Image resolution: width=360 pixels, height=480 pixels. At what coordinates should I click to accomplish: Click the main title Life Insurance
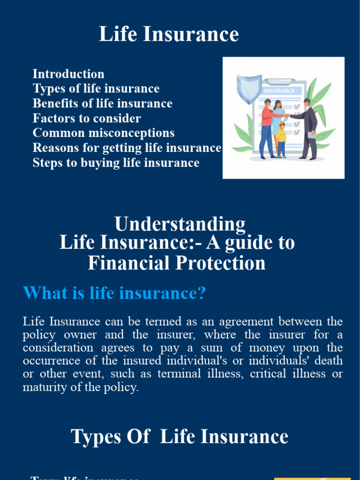click(x=169, y=35)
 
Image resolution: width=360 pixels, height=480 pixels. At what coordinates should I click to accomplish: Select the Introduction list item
click(x=68, y=74)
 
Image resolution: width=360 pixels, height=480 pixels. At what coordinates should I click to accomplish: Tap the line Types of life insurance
click(x=96, y=89)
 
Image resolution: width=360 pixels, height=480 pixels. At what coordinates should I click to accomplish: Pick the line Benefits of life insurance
click(x=102, y=104)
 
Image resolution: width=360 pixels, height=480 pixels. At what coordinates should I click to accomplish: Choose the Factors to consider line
click(x=87, y=119)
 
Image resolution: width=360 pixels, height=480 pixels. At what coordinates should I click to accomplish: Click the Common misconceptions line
click(x=104, y=133)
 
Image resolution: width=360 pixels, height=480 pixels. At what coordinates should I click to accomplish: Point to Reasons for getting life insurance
click(x=127, y=148)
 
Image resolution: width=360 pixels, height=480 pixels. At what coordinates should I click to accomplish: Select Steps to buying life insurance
click(x=116, y=163)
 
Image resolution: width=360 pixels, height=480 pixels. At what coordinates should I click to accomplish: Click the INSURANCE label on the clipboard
click(x=279, y=91)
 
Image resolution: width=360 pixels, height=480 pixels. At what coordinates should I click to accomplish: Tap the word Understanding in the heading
click(x=180, y=224)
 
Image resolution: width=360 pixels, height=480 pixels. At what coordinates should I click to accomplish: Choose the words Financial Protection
click(x=177, y=263)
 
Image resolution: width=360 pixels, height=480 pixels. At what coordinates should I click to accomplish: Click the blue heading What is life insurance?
click(x=115, y=294)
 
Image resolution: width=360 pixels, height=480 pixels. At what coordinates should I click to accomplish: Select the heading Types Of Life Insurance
click(x=180, y=437)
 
